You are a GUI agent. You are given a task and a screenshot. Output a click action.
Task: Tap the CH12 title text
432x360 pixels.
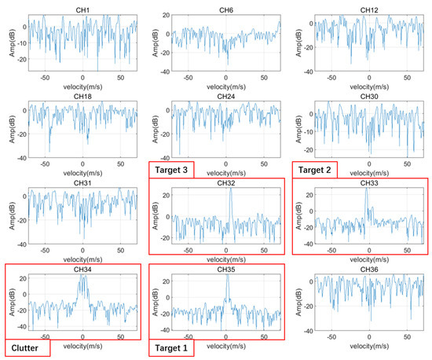tap(369, 9)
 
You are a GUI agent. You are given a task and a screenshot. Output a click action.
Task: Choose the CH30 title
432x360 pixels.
tap(369, 96)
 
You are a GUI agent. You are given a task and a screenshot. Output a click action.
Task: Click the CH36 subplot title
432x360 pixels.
tap(369, 270)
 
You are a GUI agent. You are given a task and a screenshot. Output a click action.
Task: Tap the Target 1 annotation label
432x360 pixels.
tap(171, 346)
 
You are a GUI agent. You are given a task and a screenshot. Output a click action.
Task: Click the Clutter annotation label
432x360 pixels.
tap(27, 346)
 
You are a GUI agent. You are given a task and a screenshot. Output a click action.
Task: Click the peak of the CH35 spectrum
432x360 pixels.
tap(227, 279)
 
